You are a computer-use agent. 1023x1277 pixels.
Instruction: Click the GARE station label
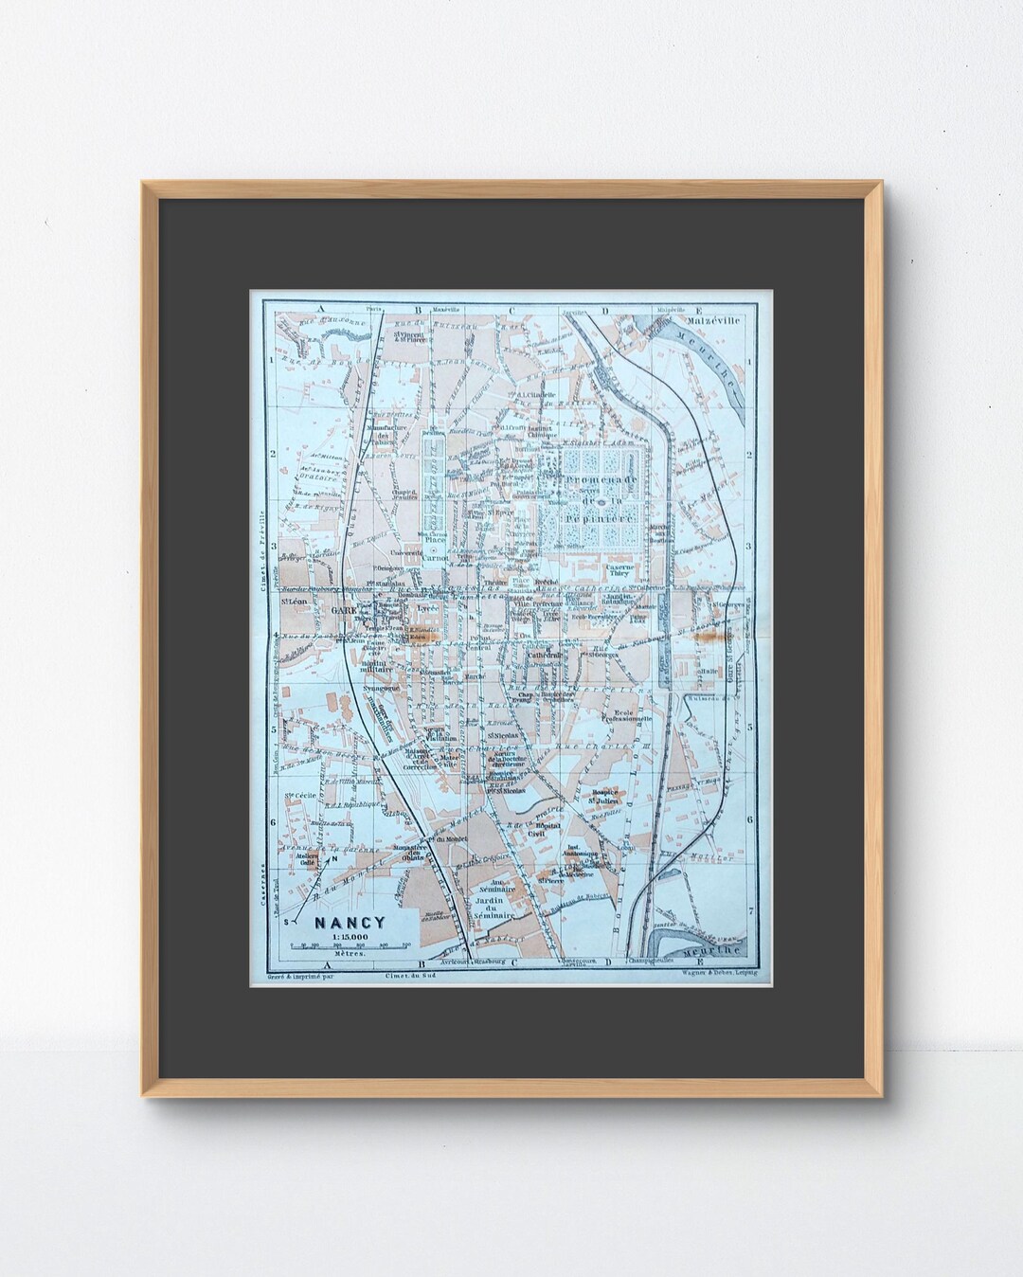(x=343, y=611)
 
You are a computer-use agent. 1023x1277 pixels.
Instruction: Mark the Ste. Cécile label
(x=299, y=796)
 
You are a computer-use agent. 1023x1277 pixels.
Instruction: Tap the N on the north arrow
(x=333, y=859)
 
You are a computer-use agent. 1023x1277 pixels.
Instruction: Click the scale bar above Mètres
(x=350, y=946)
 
